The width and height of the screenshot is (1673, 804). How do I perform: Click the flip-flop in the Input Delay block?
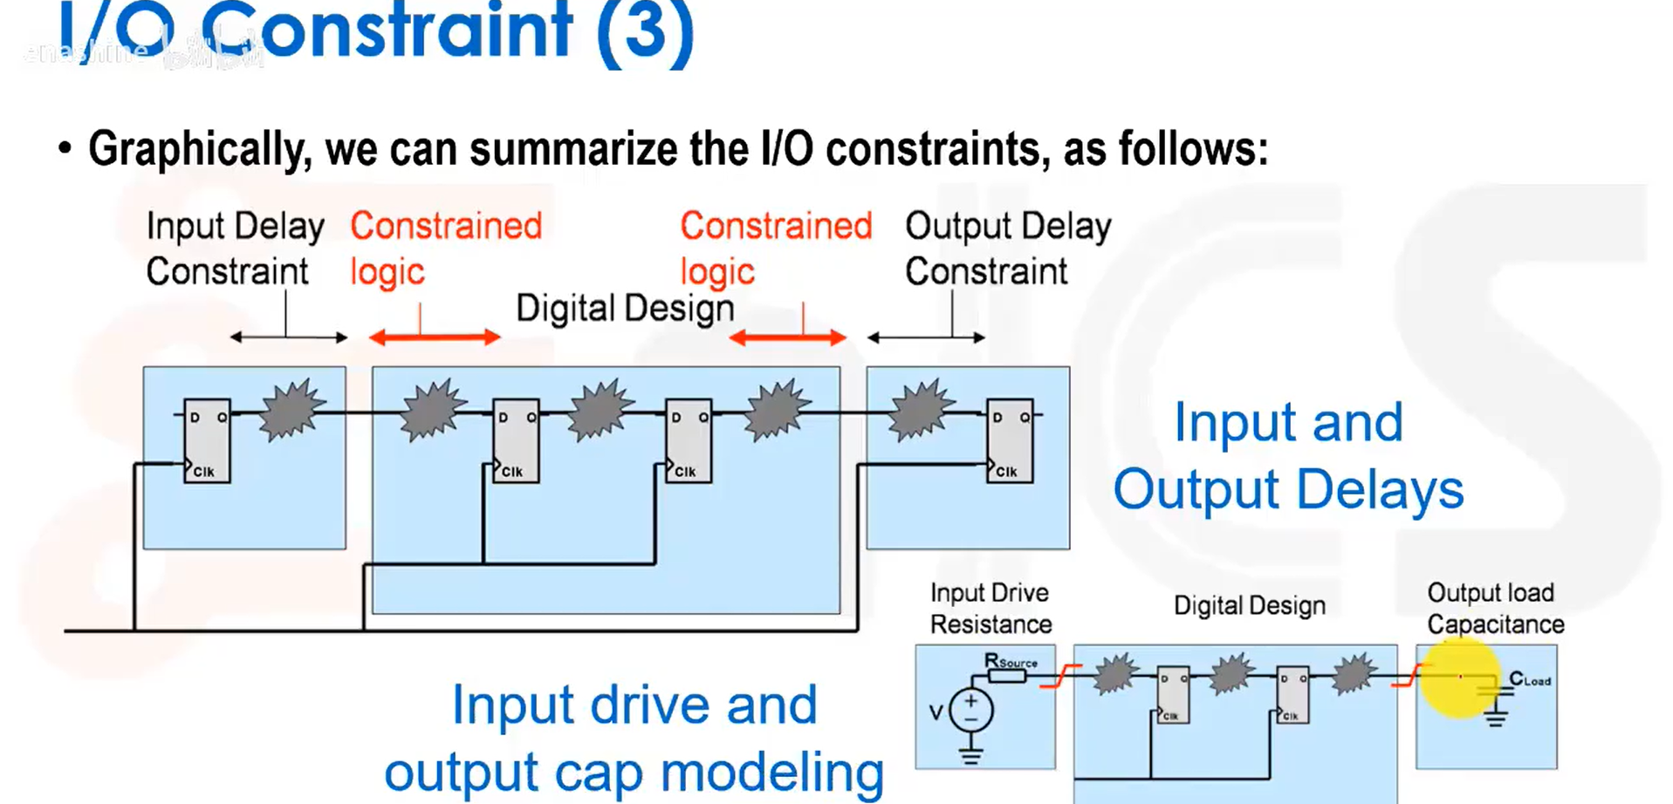pyautogui.click(x=207, y=441)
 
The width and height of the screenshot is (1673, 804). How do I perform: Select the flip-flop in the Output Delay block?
pyautogui.click(x=1010, y=441)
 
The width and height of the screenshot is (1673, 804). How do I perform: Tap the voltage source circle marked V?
pyautogui.click(x=970, y=711)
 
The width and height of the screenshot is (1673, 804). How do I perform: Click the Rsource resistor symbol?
pyautogui.click(x=1005, y=675)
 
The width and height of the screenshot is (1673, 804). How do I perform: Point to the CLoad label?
pyautogui.click(x=1530, y=679)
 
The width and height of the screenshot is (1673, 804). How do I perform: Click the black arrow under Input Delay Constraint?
pyautogui.click(x=289, y=337)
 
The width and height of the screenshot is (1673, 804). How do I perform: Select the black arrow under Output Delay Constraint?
pyautogui.click(x=926, y=337)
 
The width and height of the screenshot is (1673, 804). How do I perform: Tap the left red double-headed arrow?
pyautogui.click(x=435, y=337)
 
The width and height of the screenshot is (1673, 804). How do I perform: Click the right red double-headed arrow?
pyautogui.click(x=787, y=337)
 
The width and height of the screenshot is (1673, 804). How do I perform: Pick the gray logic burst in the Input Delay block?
pyautogui.click(x=292, y=408)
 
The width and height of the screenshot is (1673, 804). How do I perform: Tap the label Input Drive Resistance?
pyautogui.click(x=991, y=609)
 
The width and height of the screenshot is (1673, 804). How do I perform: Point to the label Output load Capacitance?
pyautogui.click(x=1494, y=609)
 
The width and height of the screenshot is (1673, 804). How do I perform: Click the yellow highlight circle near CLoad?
pyautogui.click(x=1459, y=678)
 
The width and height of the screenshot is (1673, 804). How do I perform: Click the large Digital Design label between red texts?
pyautogui.click(x=625, y=309)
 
